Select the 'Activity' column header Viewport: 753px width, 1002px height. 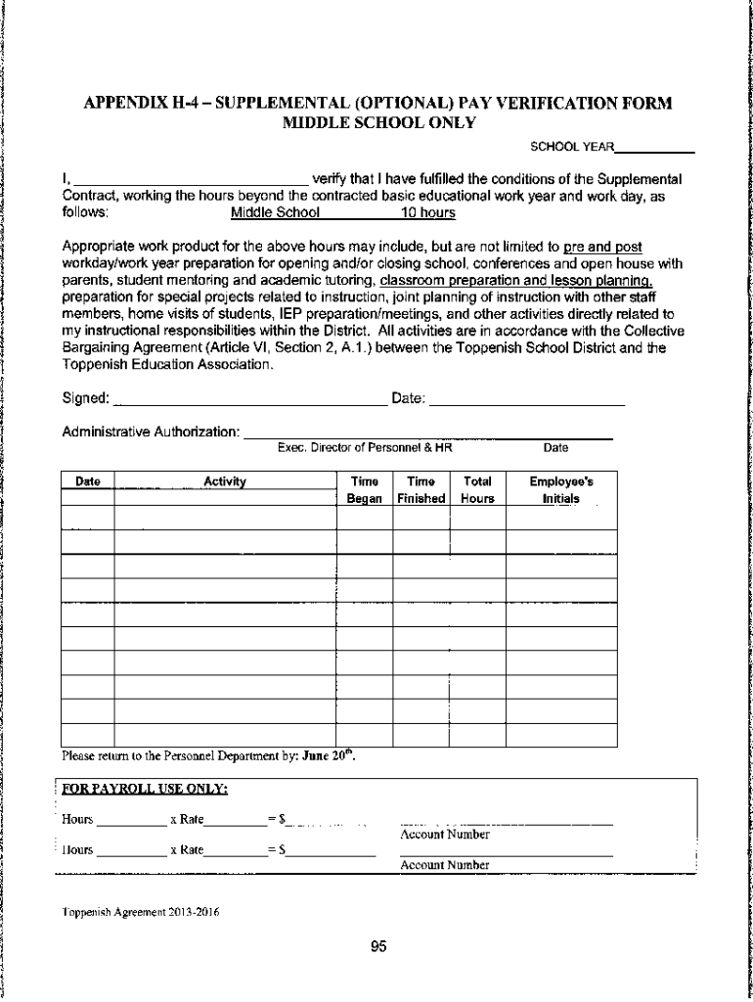coord(224,481)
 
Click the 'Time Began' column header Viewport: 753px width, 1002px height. coord(365,489)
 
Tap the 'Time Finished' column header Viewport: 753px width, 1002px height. coord(421,489)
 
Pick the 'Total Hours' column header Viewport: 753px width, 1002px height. coord(477,489)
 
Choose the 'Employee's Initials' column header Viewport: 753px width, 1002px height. coord(560,489)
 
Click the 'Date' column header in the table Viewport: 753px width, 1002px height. coord(88,481)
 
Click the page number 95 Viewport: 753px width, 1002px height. coord(379,946)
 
